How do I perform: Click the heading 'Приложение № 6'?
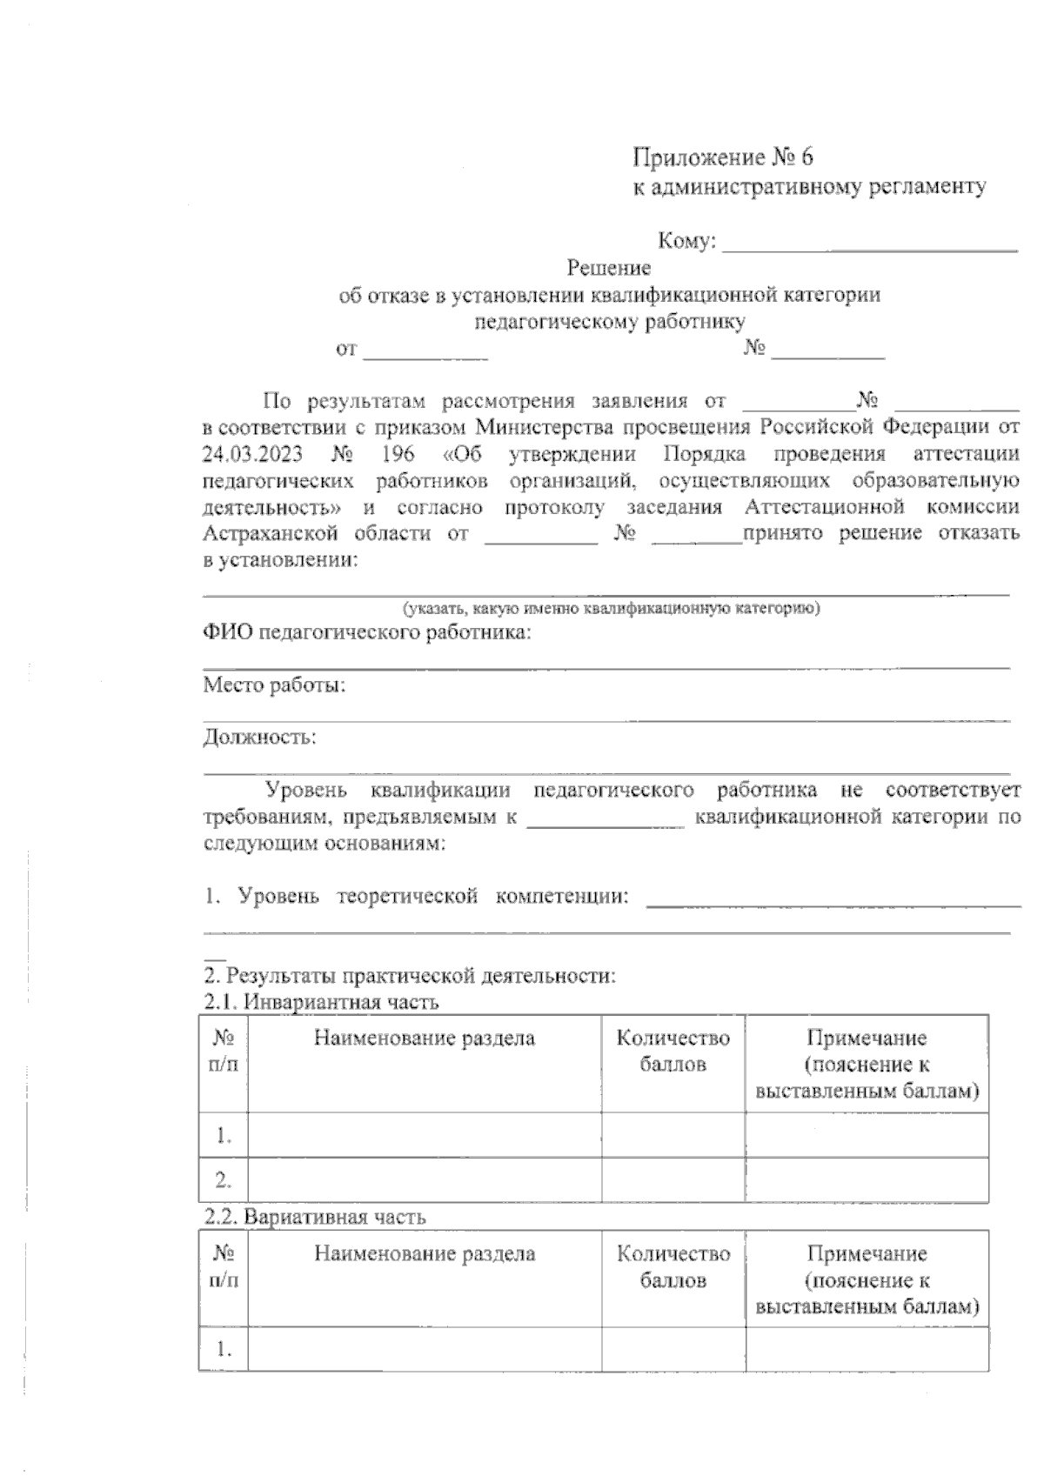[x=721, y=157]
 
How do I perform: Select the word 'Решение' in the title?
[x=608, y=268]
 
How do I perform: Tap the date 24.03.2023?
[x=251, y=453]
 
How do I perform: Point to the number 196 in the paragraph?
[x=398, y=453]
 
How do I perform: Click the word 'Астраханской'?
[x=270, y=532]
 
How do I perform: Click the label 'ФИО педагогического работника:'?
[x=366, y=632]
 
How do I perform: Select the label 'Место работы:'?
[x=274, y=685]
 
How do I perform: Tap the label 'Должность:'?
[x=259, y=738]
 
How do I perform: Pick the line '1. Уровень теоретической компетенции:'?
[x=416, y=896]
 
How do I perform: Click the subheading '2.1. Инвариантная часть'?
[x=321, y=1002]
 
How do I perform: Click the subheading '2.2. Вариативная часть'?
[x=315, y=1217]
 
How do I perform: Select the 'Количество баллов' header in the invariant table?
[x=673, y=1051]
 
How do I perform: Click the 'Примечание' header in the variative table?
[x=867, y=1253]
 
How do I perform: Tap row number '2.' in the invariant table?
[x=224, y=1180]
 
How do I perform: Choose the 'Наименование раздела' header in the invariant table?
[x=425, y=1038]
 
